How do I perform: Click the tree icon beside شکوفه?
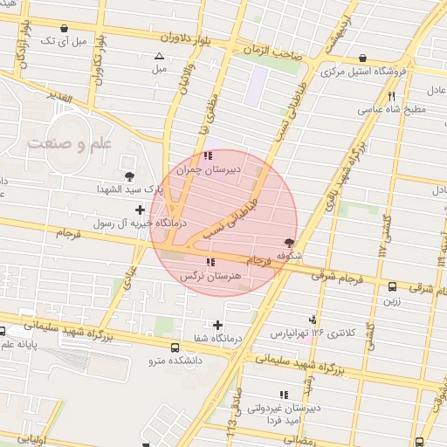(289, 243)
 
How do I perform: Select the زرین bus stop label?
(390, 301)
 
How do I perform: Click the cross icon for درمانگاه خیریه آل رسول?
(140, 210)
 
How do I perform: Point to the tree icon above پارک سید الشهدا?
(130, 175)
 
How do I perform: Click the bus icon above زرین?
(392, 286)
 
